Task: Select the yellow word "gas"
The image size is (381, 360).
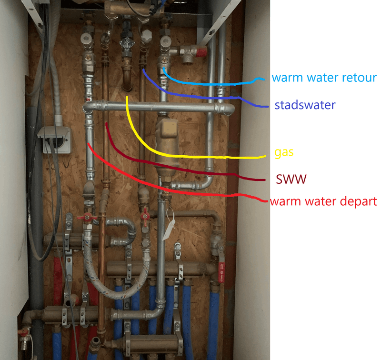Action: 284,153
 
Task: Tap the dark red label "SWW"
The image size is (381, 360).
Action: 291,180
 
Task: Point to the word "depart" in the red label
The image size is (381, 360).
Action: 356,201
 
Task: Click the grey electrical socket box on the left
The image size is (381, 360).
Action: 54,139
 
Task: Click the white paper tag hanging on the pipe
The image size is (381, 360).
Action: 169,228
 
